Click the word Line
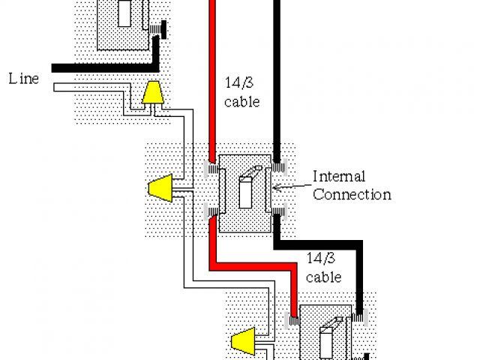tap(23, 78)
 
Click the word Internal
tap(338, 177)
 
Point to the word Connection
tap(352, 195)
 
